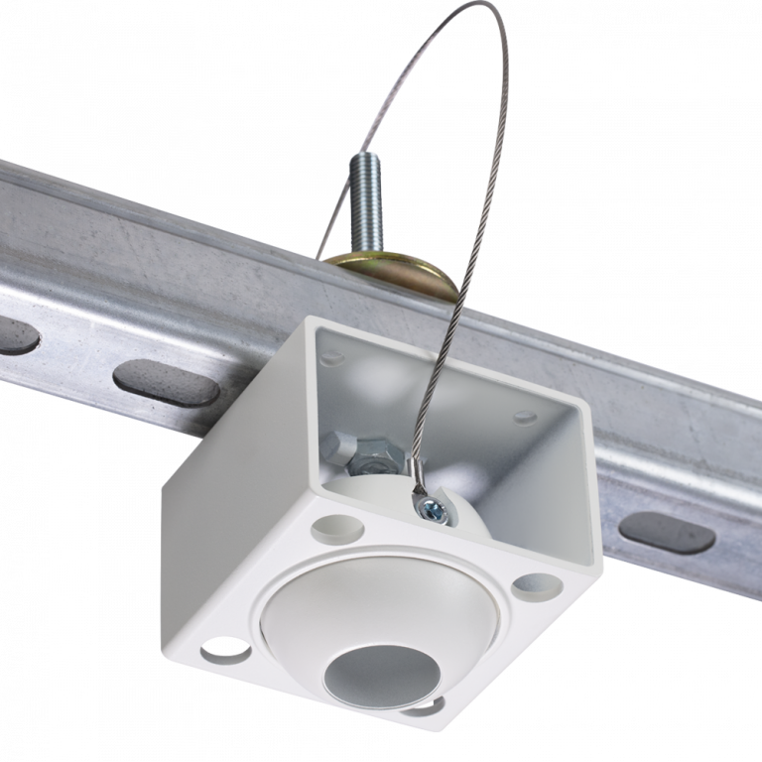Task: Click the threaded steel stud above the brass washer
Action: pos(364,202)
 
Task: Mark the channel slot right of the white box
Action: pos(667,531)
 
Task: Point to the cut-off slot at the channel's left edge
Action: pos(18,336)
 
